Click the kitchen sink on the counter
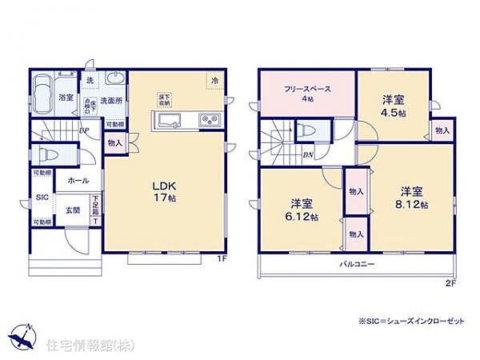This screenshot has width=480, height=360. coord(171,120)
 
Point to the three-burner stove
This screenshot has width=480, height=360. coord(210,120)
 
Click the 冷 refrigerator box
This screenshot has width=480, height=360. coord(214,79)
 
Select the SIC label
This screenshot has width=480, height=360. coord(41,197)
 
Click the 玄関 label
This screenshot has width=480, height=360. coord(72,210)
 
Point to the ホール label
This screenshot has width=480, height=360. coord(78,182)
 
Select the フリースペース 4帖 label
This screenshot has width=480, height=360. coord(306,94)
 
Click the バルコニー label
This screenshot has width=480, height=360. coord(357,263)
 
